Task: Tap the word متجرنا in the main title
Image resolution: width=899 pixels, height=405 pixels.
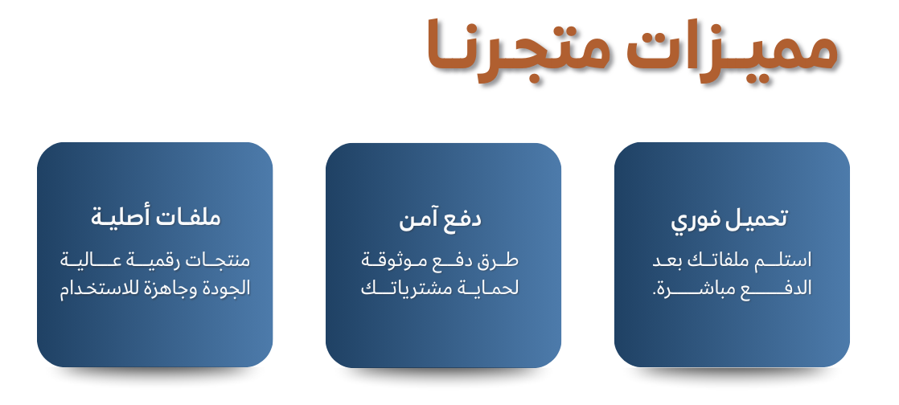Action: (x=518, y=50)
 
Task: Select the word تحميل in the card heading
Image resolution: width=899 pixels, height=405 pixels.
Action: (x=757, y=219)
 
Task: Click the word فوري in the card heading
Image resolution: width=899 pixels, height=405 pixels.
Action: (x=696, y=220)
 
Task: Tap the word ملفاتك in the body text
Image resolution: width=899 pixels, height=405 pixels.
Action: (x=716, y=260)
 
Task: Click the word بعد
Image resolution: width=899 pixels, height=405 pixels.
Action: (x=665, y=261)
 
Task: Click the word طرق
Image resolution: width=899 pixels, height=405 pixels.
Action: (x=502, y=261)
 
